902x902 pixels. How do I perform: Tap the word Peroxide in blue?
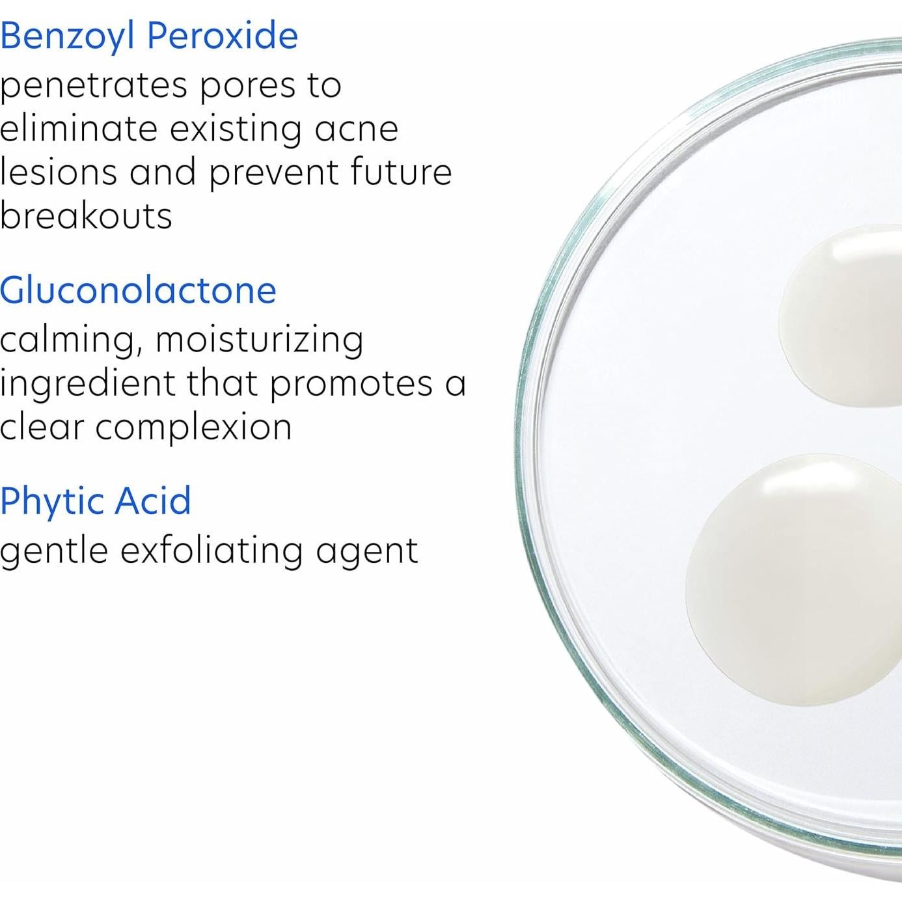coord(223,35)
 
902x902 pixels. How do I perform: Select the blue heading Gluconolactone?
coord(138,290)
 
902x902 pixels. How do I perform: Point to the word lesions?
coord(58,172)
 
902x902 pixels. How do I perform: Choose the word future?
coord(401,172)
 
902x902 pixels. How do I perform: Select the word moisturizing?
coord(259,340)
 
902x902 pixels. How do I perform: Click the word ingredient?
coord(87,384)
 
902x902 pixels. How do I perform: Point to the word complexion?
coord(193,428)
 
